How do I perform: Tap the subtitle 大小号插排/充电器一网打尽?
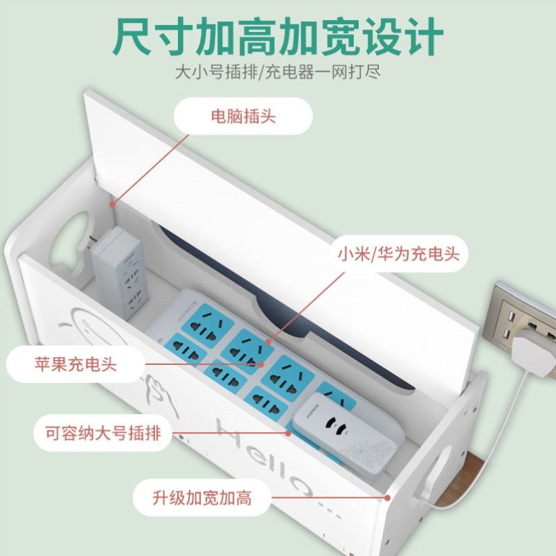click(277, 72)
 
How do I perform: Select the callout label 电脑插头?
click(243, 116)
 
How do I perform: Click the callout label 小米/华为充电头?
click(398, 253)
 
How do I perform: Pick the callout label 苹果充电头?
click(76, 364)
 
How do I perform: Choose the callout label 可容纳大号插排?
click(97, 433)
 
